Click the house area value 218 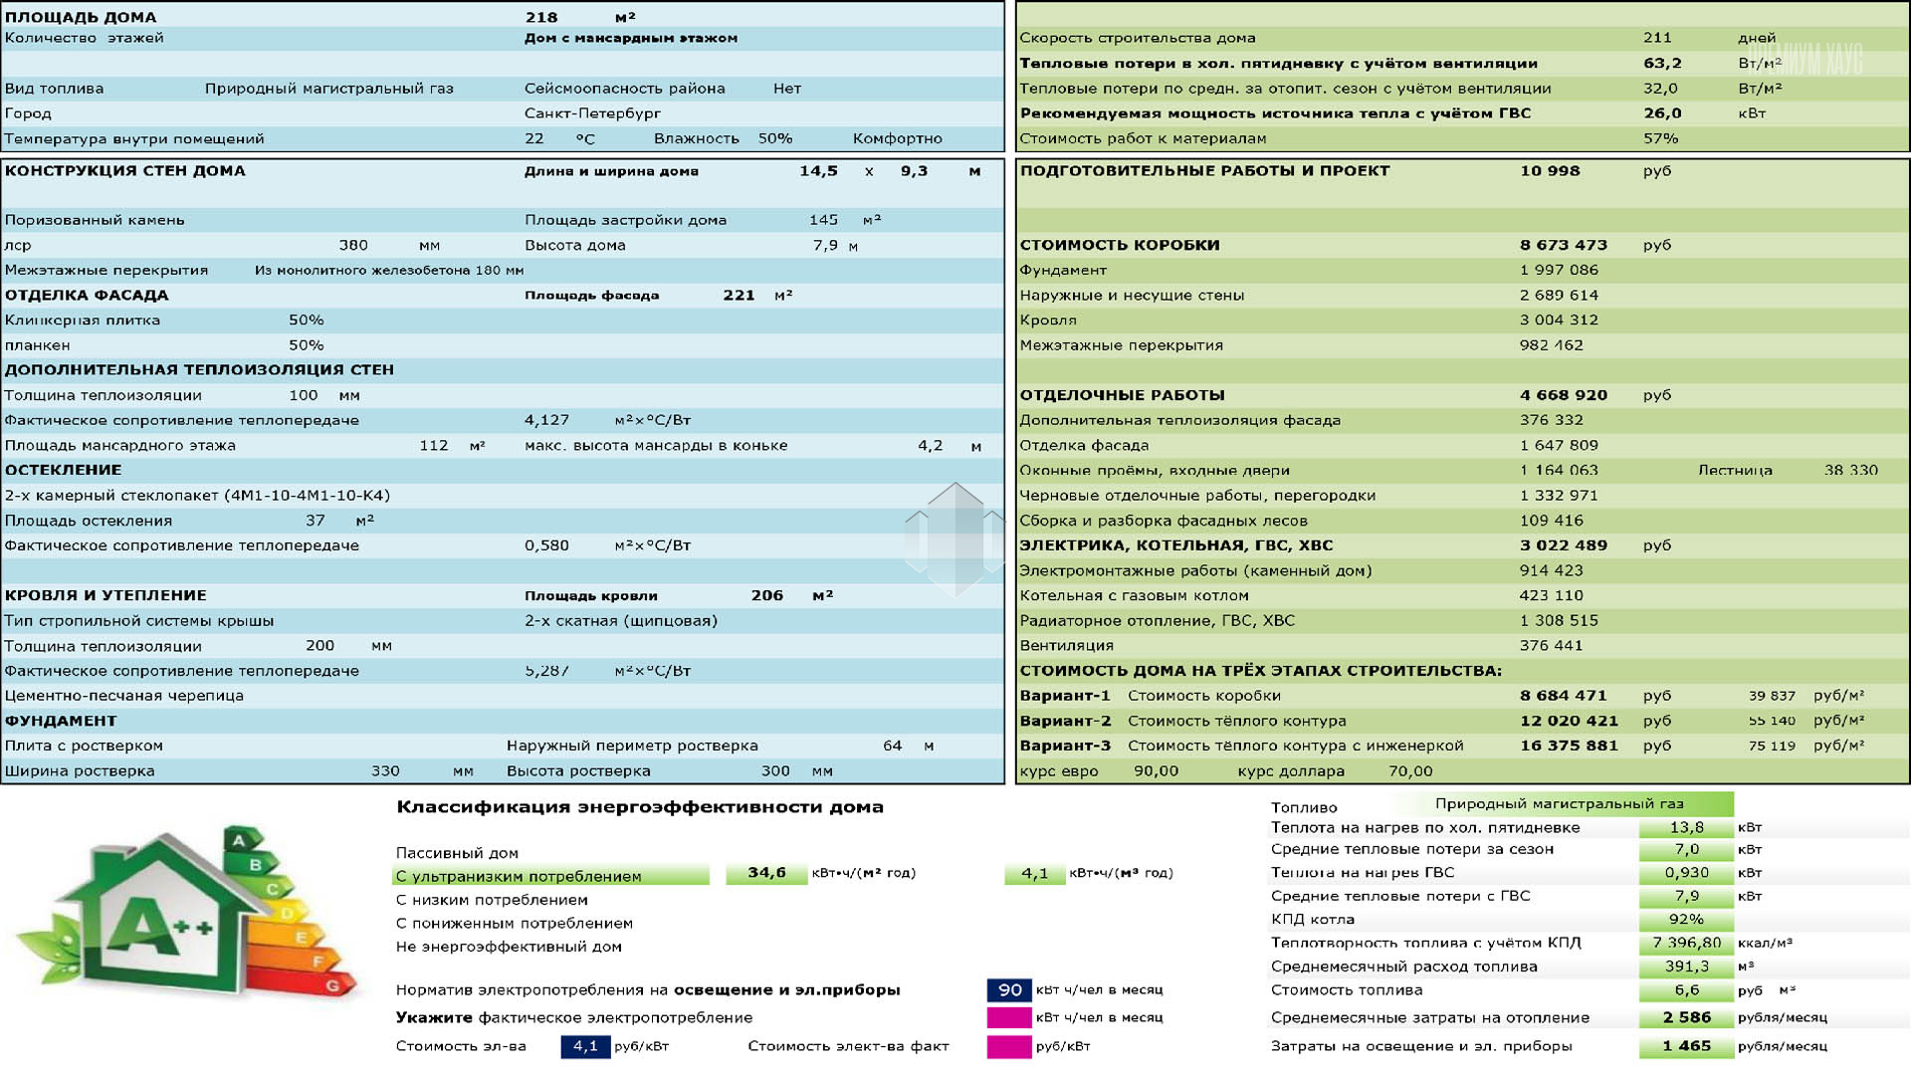click(541, 17)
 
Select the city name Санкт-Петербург click(592, 113)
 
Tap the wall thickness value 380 click(353, 245)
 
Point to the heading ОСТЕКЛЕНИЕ click(63, 470)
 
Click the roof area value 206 click(766, 595)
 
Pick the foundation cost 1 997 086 click(1559, 270)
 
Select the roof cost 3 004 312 click(1559, 320)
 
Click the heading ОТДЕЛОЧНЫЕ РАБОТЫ click(1122, 395)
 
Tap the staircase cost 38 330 click(1850, 470)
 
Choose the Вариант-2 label click(1065, 721)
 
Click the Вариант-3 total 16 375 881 click(1569, 746)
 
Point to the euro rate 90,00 click(1156, 771)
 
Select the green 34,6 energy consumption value click(766, 873)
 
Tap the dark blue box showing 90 click(1009, 990)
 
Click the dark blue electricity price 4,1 click(585, 1046)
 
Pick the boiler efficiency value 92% click(1686, 920)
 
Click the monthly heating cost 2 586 click(1686, 1017)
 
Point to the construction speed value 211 click(1657, 38)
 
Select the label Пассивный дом click(457, 853)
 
